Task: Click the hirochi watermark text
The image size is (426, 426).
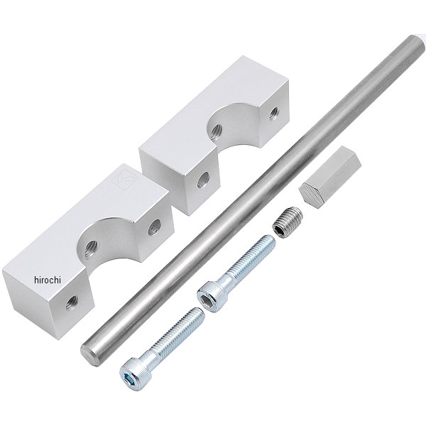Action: point(48,280)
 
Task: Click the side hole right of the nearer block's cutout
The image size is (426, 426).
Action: point(155,227)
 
